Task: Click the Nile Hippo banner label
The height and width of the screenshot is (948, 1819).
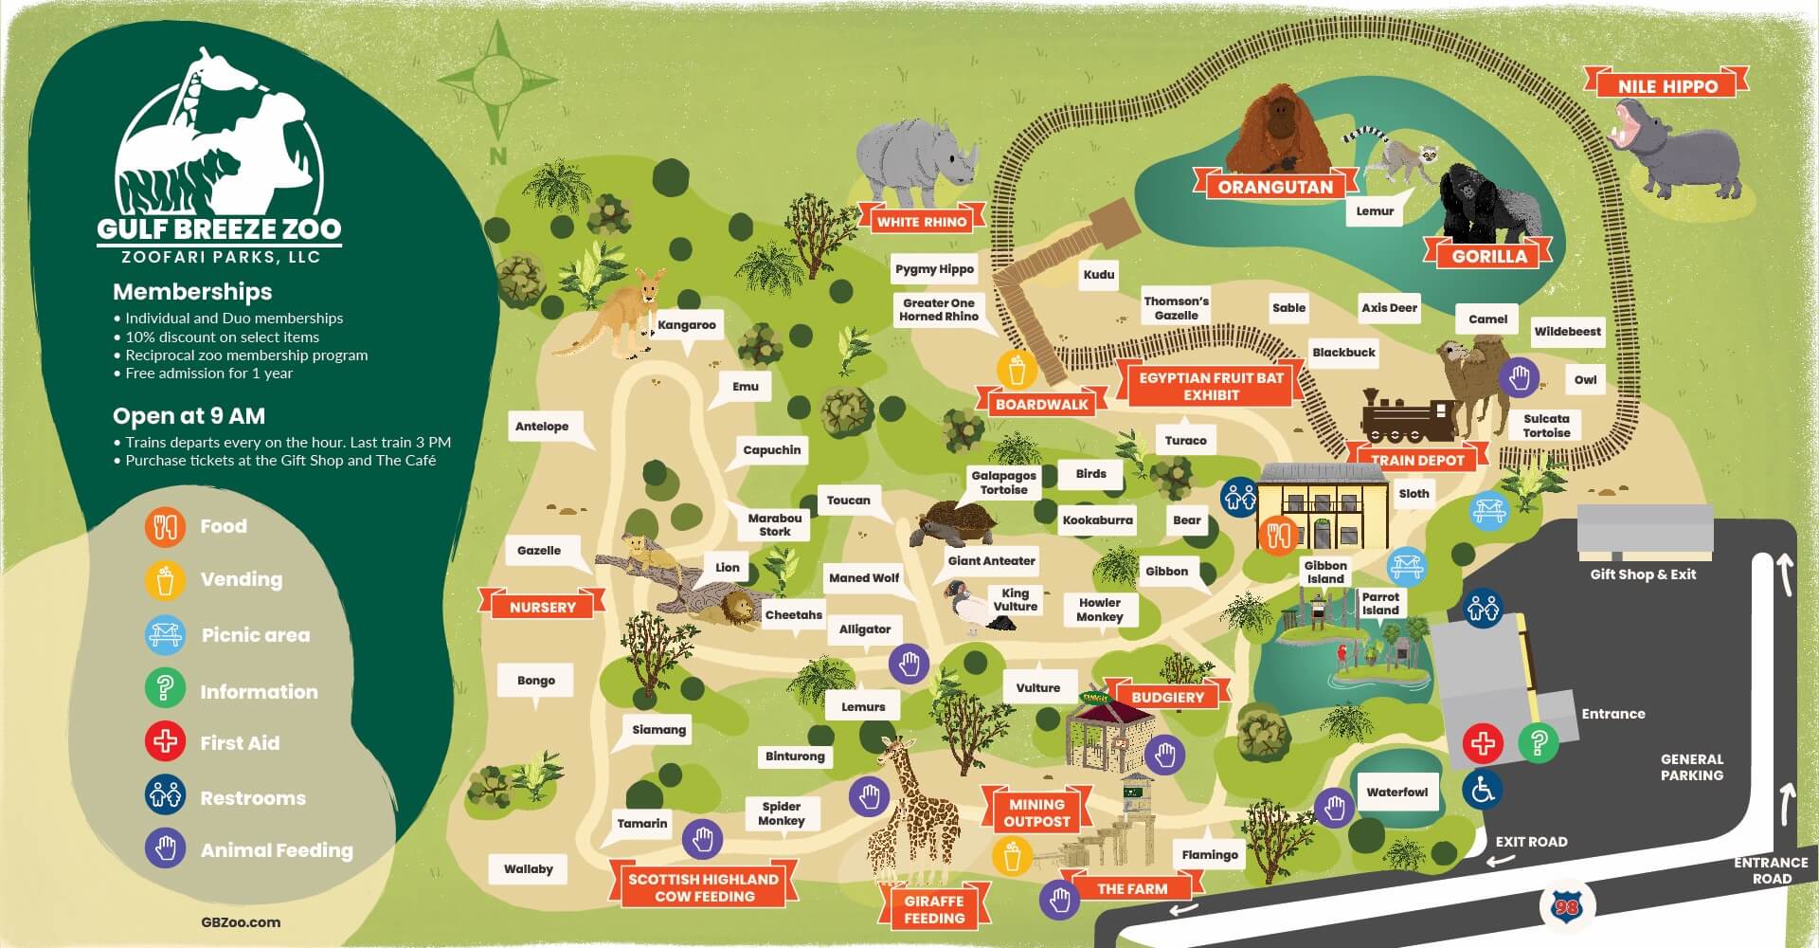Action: coord(1666,84)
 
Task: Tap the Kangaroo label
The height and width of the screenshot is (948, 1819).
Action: coord(687,325)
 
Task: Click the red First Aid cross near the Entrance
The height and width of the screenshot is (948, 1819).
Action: coord(1484,742)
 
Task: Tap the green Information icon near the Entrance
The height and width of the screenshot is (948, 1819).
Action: coord(1539,742)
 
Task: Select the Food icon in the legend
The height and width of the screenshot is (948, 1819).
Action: coord(165,526)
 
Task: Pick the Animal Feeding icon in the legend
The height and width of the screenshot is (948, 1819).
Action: coord(165,848)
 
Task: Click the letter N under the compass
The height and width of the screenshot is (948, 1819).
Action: coord(498,156)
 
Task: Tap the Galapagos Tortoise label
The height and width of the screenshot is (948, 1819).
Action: coord(1003,483)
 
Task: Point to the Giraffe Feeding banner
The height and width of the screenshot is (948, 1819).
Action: coord(933,909)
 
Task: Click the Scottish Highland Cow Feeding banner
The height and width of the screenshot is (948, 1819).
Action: coord(704,887)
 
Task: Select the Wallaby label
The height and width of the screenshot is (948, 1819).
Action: coord(529,869)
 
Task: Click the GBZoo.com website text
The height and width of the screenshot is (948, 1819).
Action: coord(241,921)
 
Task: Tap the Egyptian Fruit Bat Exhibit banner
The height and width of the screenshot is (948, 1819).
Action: coord(1211,386)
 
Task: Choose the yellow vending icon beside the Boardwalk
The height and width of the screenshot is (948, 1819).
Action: coord(1018,370)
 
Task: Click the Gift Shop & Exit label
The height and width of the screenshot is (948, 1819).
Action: coord(1643,574)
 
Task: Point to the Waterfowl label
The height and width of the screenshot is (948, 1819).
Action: coord(1396,793)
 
